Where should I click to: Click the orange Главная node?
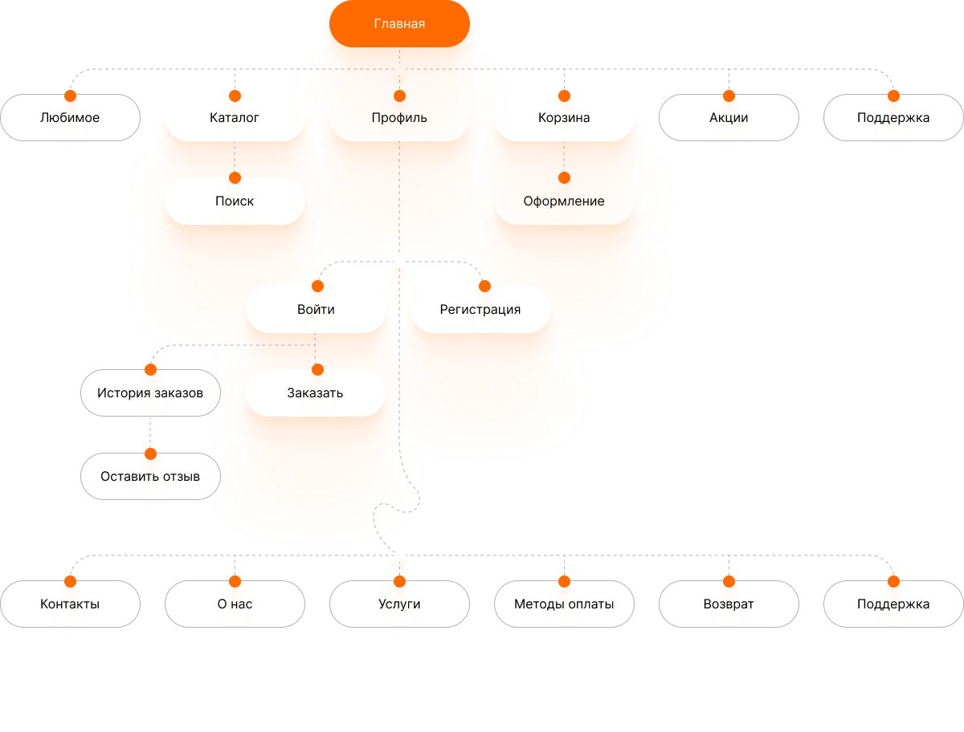tap(399, 24)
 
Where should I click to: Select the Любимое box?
tap(70, 117)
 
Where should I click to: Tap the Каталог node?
tap(235, 117)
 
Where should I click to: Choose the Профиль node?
tap(399, 117)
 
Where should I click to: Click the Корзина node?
tap(564, 117)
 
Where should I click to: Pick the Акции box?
tap(729, 117)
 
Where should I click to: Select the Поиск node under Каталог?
tap(235, 201)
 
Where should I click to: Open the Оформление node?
tap(564, 201)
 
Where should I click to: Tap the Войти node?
tap(316, 309)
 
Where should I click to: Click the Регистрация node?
tap(480, 309)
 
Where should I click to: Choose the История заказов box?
tap(150, 392)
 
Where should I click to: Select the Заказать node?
tap(315, 392)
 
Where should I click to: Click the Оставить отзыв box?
tap(150, 476)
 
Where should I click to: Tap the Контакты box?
tap(70, 604)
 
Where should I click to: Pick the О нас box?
tap(235, 604)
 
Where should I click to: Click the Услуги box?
tap(399, 604)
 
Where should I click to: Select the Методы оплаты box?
tap(564, 604)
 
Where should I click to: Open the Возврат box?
tap(729, 604)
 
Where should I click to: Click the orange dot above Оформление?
tap(564, 177)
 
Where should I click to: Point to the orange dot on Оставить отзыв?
tap(151, 453)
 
